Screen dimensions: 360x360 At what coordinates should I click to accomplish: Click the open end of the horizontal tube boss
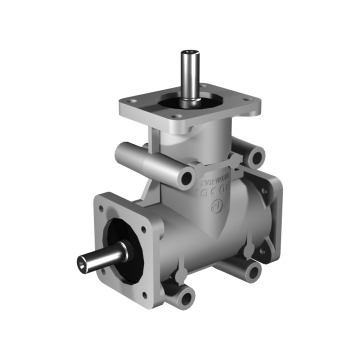pyautogui.click(x=183, y=178)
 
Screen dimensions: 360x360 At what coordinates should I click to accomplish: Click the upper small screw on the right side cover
pyautogui.click(x=268, y=195)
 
